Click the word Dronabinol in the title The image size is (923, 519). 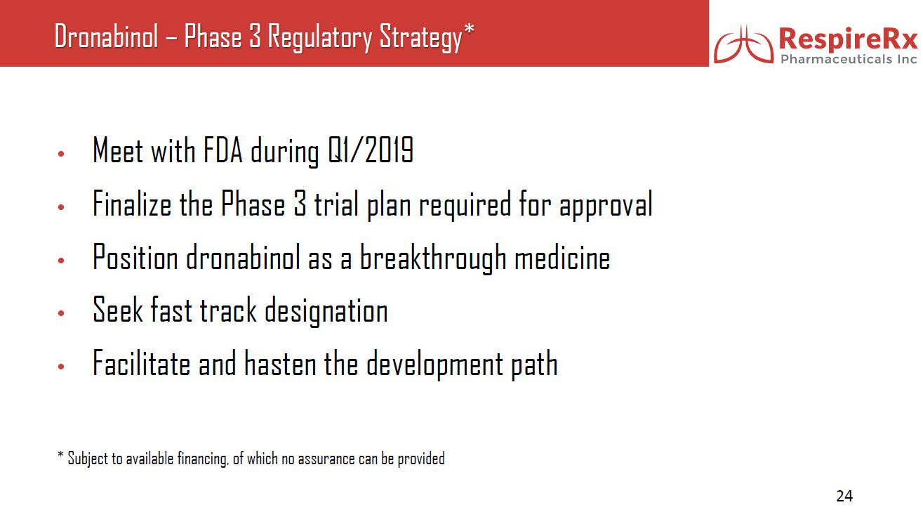pos(106,37)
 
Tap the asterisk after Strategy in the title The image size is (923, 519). pos(469,29)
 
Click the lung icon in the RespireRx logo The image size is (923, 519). pos(744,44)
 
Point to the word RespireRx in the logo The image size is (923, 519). pos(848,39)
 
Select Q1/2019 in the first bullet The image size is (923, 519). pos(371,150)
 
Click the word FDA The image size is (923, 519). pos(223,150)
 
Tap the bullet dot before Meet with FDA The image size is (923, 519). pos(61,155)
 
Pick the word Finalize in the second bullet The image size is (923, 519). pos(132,203)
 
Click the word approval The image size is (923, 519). pos(606,205)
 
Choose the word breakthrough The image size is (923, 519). pos(433,258)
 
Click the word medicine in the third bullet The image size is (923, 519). pos(562,257)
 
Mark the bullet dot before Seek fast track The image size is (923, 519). pos(61,313)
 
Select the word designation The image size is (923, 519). pos(326,311)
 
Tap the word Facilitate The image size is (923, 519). pos(142,363)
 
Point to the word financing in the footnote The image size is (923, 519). pos(202,459)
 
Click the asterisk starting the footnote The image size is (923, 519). pos(60,455)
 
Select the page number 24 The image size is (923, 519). pos(844,496)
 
